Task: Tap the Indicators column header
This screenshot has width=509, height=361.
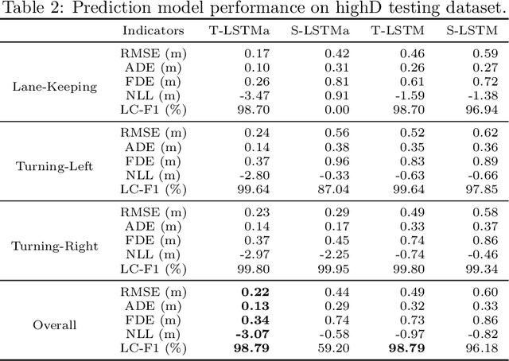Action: (153, 31)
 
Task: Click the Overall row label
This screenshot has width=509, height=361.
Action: (54, 325)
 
